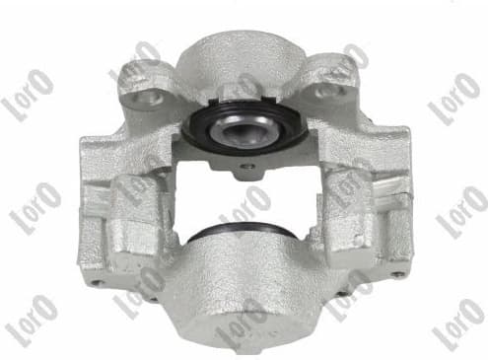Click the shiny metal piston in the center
tap(244, 125)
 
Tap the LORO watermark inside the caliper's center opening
tap(245, 207)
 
